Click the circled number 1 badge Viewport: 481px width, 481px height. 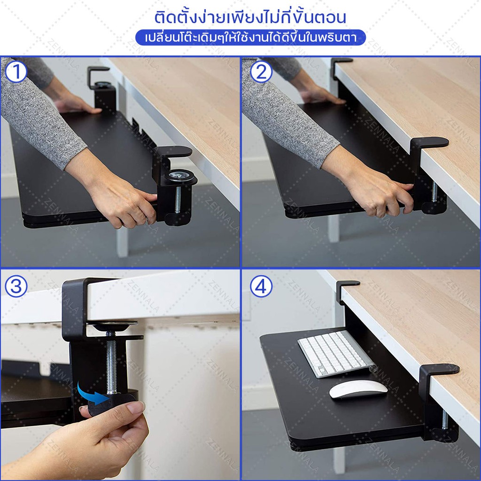[x=16, y=72]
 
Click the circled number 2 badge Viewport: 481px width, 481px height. [x=261, y=72]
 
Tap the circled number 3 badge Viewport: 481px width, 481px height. [x=16, y=286]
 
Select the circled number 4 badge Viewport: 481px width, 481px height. [x=261, y=286]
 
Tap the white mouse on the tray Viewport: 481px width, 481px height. [x=358, y=389]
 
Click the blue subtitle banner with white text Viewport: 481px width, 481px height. [x=250, y=38]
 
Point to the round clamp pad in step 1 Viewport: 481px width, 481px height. [x=179, y=176]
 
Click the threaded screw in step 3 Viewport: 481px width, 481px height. [x=111, y=363]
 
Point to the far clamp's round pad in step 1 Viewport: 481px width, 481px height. [x=103, y=84]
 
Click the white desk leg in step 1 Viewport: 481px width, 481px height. [x=122, y=242]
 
